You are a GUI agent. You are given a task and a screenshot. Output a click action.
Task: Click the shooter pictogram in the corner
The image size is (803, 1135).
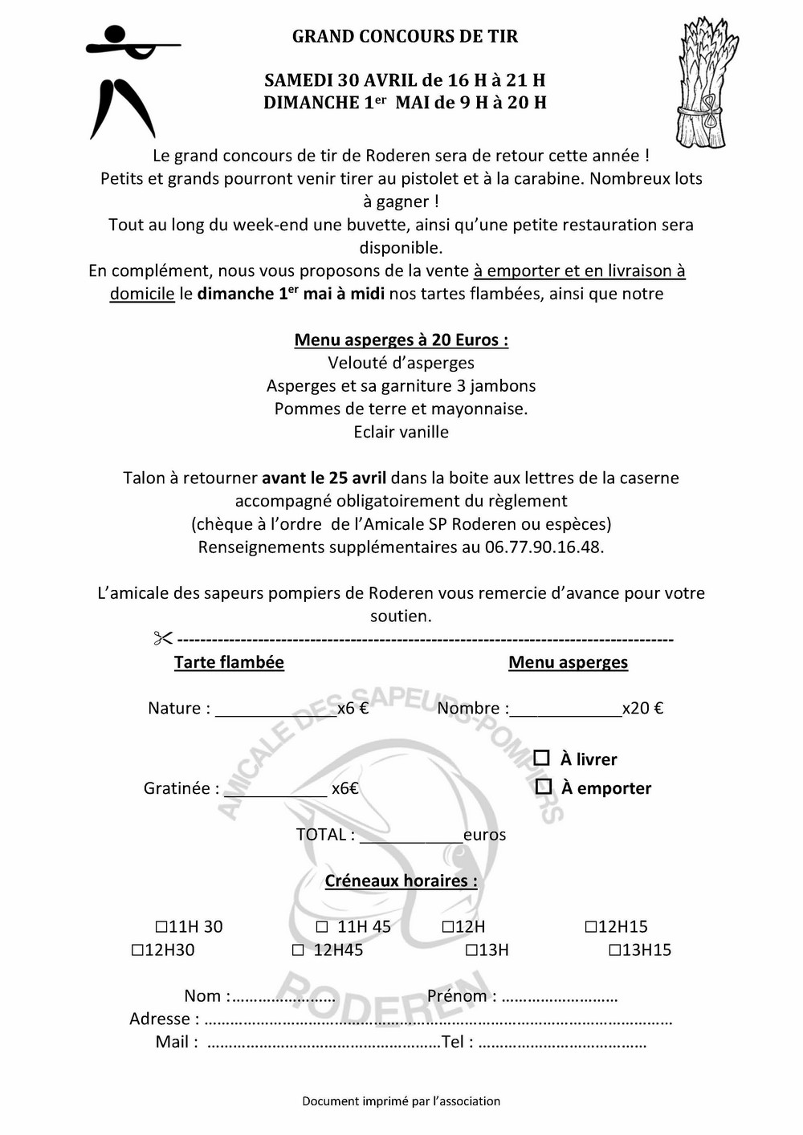(124, 80)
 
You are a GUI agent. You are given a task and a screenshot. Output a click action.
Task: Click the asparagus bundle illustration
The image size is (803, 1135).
(704, 84)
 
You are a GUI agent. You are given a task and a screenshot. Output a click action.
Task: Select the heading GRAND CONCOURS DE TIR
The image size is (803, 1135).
(405, 36)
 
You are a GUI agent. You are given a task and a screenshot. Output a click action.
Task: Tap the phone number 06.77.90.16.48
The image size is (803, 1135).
(544, 547)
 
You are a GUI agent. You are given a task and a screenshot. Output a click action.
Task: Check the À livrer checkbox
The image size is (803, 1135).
(542, 758)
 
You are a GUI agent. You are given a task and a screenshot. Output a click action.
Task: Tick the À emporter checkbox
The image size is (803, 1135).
(544, 787)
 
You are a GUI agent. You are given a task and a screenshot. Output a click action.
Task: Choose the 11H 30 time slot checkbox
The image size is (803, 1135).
(161, 927)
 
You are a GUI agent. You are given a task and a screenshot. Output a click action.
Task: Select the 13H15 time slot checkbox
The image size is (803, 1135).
(614, 950)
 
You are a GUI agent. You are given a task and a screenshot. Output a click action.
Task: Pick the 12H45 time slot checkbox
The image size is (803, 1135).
(298, 950)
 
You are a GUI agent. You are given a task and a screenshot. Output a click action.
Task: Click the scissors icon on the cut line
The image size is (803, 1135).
(163, 639)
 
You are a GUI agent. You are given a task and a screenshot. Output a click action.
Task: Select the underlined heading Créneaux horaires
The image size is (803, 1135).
(401, 881)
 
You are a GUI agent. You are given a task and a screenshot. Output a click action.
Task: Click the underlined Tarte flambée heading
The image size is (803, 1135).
(229, 662)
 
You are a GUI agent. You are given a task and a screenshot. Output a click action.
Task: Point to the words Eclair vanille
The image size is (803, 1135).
(401, 432)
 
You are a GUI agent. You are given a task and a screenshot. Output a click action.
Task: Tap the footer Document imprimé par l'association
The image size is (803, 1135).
(401, 1101)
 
